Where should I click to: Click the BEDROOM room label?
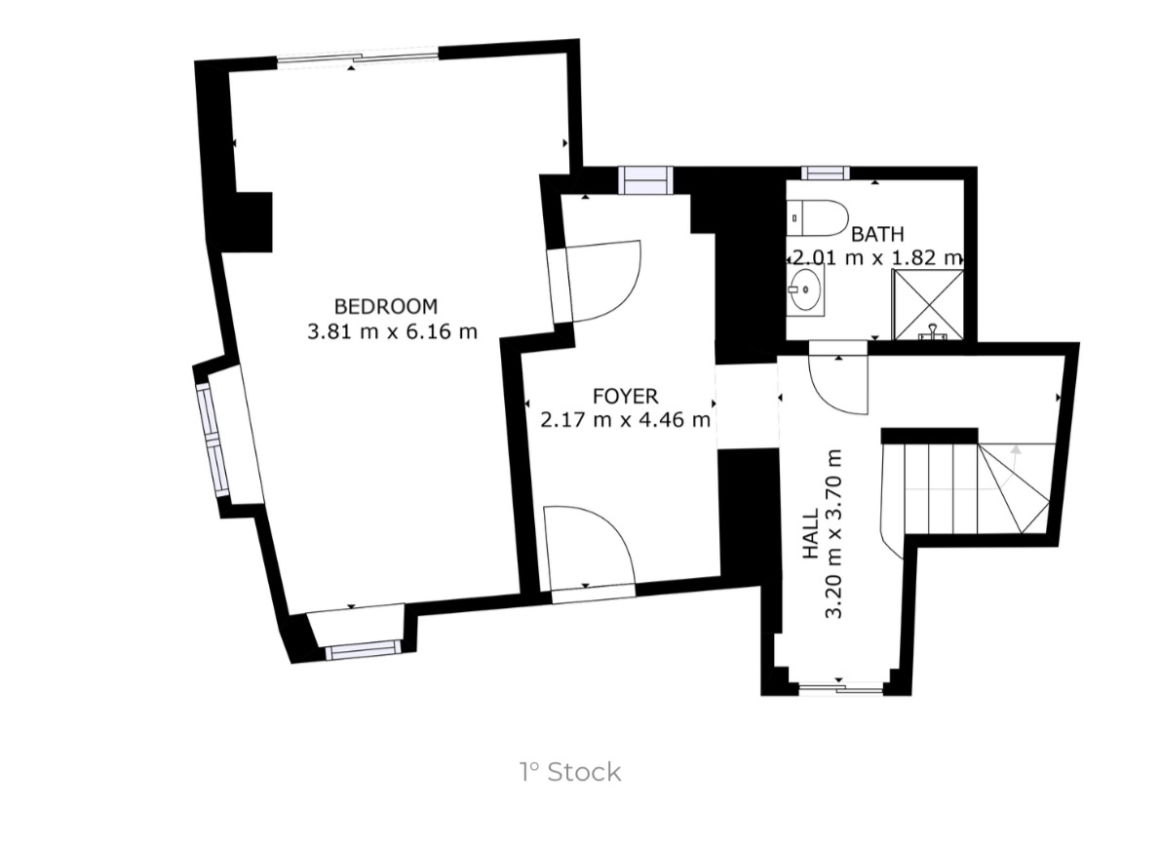(386, 305)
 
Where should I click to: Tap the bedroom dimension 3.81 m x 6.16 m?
(392, 331)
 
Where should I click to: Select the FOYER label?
(625, 396)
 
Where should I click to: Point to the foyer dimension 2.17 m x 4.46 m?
(625, 420)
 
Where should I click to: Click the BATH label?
(877, 234)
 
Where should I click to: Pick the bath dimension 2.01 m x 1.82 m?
(875, 258)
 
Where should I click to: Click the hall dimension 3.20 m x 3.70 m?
(834, 533)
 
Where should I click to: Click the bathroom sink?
(806, 289)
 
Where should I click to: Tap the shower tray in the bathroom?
(928, 305)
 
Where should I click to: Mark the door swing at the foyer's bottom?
(587, 546)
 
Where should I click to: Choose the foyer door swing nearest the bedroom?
(600, 281)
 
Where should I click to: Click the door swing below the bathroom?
(838, 382)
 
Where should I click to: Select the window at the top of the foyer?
(645, 180)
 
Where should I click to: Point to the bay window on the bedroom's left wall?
(213, 440)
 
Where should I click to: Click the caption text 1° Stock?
(569, 773)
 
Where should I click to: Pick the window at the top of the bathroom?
(825, 173)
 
